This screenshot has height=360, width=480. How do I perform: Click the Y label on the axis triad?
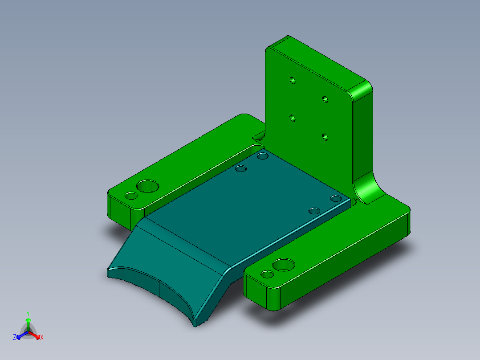click(28, 313)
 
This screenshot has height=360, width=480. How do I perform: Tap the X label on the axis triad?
click(42, 337)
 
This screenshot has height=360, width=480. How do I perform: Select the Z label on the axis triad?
click(15, 337)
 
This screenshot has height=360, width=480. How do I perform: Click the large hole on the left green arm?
click(147, 186)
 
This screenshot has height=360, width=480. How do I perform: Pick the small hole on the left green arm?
click(131, 196)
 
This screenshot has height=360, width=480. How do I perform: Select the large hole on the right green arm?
click(284, 265)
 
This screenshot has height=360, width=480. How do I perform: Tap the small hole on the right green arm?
click(267, 274)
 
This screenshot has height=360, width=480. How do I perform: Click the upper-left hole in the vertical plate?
click(293, 81)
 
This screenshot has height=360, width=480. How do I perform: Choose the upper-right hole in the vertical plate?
click(325, 98)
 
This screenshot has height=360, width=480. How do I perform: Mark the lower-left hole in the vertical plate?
click(293, 119)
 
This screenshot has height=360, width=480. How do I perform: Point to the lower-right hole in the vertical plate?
click(325, 137)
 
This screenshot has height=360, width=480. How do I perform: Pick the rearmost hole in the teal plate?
click(263, 156)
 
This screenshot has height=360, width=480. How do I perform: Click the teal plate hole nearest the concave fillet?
click(336, 198)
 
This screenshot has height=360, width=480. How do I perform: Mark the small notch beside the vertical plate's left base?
click(258, 135)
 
